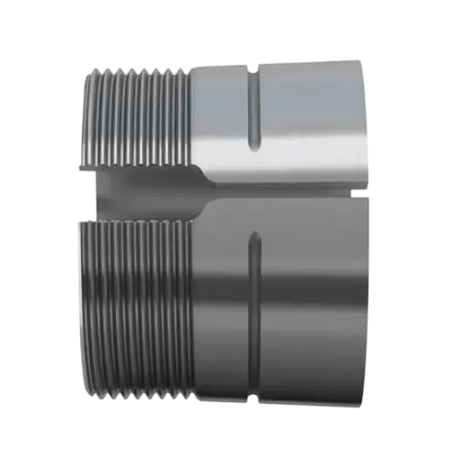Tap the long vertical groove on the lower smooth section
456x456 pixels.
point(254,301)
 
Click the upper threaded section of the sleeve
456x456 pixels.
point(137,114)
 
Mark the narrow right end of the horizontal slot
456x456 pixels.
point(360,188)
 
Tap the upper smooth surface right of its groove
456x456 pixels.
point(310,109)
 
